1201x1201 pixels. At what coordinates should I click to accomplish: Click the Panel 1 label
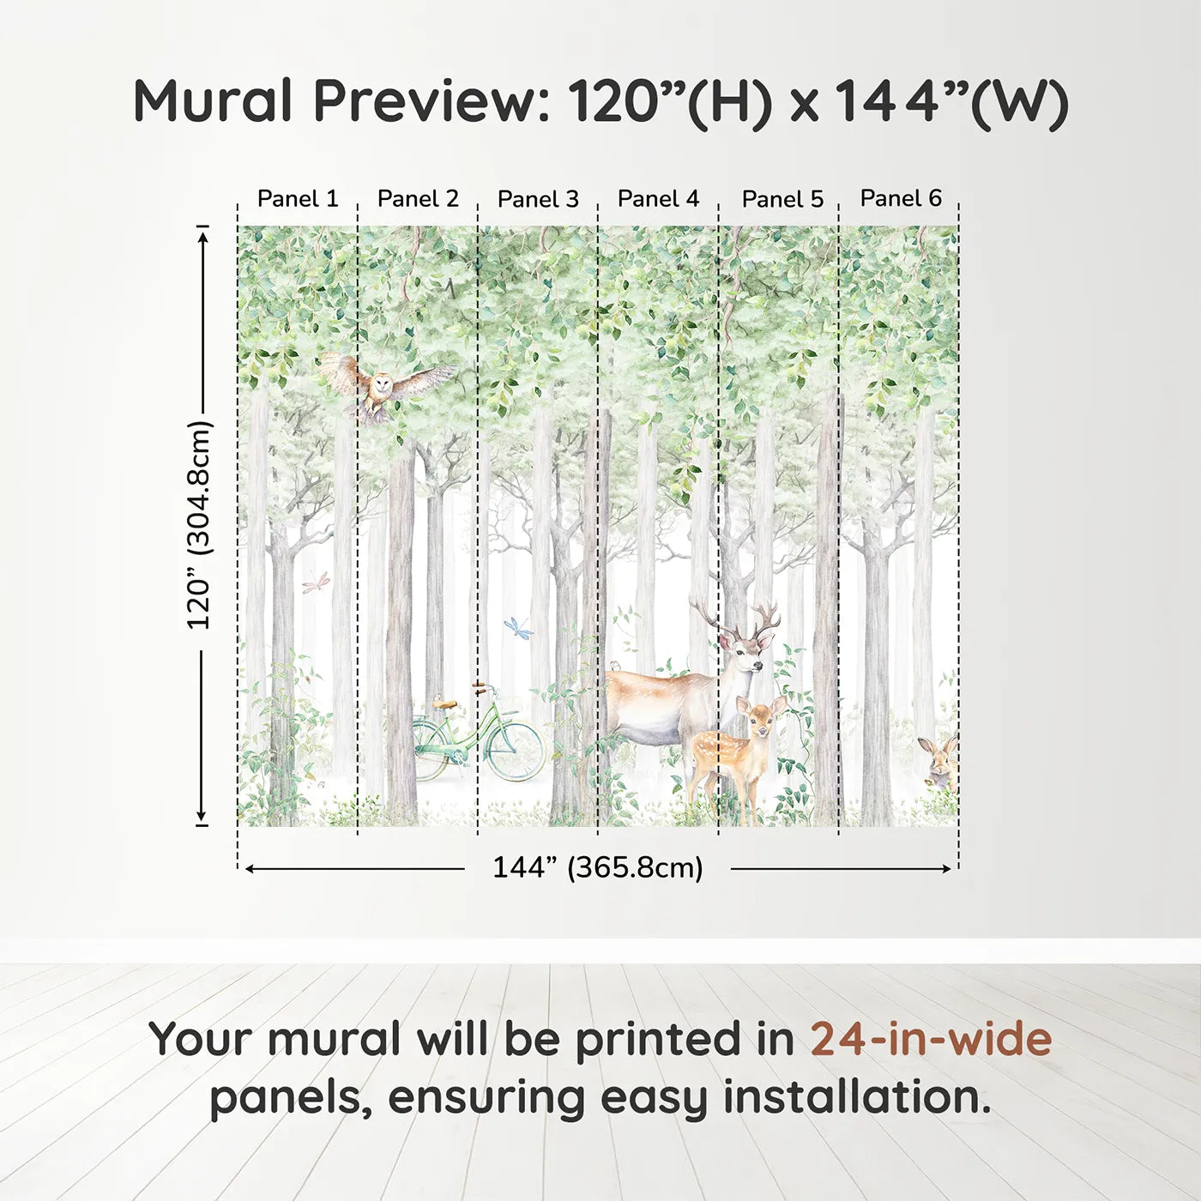pos(298,199)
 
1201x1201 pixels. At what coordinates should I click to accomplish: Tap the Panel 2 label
pos(418,199)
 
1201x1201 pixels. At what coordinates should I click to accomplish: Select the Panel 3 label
pos(538,199)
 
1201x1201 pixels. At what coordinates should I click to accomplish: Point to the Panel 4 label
pos(658,199)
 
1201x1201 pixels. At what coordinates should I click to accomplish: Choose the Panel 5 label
pos(782,199)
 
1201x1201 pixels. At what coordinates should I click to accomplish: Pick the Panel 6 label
pos(901,198)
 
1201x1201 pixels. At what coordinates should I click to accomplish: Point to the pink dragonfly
pos(316,583)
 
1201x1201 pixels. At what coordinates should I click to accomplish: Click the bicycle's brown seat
pos(444,704)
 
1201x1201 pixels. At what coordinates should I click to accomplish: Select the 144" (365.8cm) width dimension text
pos(597,867)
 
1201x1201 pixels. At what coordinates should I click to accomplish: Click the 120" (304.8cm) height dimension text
pos(199,525)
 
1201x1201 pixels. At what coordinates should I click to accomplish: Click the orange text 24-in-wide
pos(931,1039)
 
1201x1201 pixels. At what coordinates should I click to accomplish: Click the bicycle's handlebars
pos(486,687)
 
